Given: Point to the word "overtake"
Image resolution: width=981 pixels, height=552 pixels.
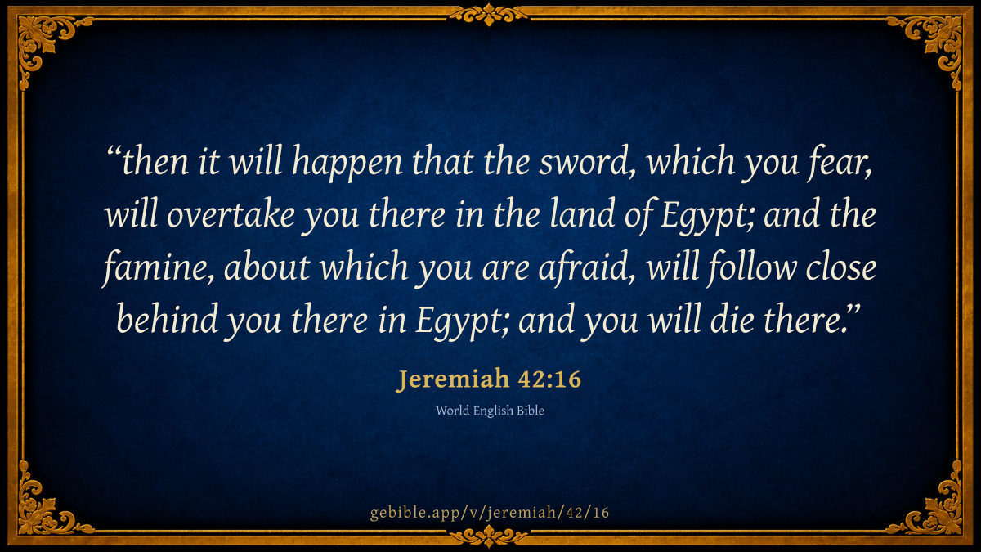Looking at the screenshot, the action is [x=231, y=214].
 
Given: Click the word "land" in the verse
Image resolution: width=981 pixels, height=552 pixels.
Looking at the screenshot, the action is [x=582, y=213].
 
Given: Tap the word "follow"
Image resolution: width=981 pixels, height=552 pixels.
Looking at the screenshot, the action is [x=752, y=267].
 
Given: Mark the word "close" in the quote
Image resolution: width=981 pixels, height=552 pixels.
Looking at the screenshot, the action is [x=841, y=267].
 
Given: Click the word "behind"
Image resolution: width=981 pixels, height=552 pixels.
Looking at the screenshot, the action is [x=168, y=319].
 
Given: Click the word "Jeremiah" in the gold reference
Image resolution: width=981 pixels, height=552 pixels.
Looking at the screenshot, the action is [x=453, y=379].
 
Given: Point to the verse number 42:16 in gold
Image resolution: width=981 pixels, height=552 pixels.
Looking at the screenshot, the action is [x=549, y=379].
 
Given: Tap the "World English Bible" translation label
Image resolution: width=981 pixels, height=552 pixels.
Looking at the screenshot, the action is [x=490, y=411].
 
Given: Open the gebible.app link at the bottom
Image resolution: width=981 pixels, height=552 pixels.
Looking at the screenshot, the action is [x=490, y=513].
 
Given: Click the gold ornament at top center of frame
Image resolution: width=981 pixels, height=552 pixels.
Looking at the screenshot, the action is [x=489, y=15].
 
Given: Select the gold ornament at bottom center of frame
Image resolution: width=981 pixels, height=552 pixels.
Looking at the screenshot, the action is [x=489, y=536].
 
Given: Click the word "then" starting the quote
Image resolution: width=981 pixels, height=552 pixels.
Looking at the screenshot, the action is [x=155, y=162].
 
